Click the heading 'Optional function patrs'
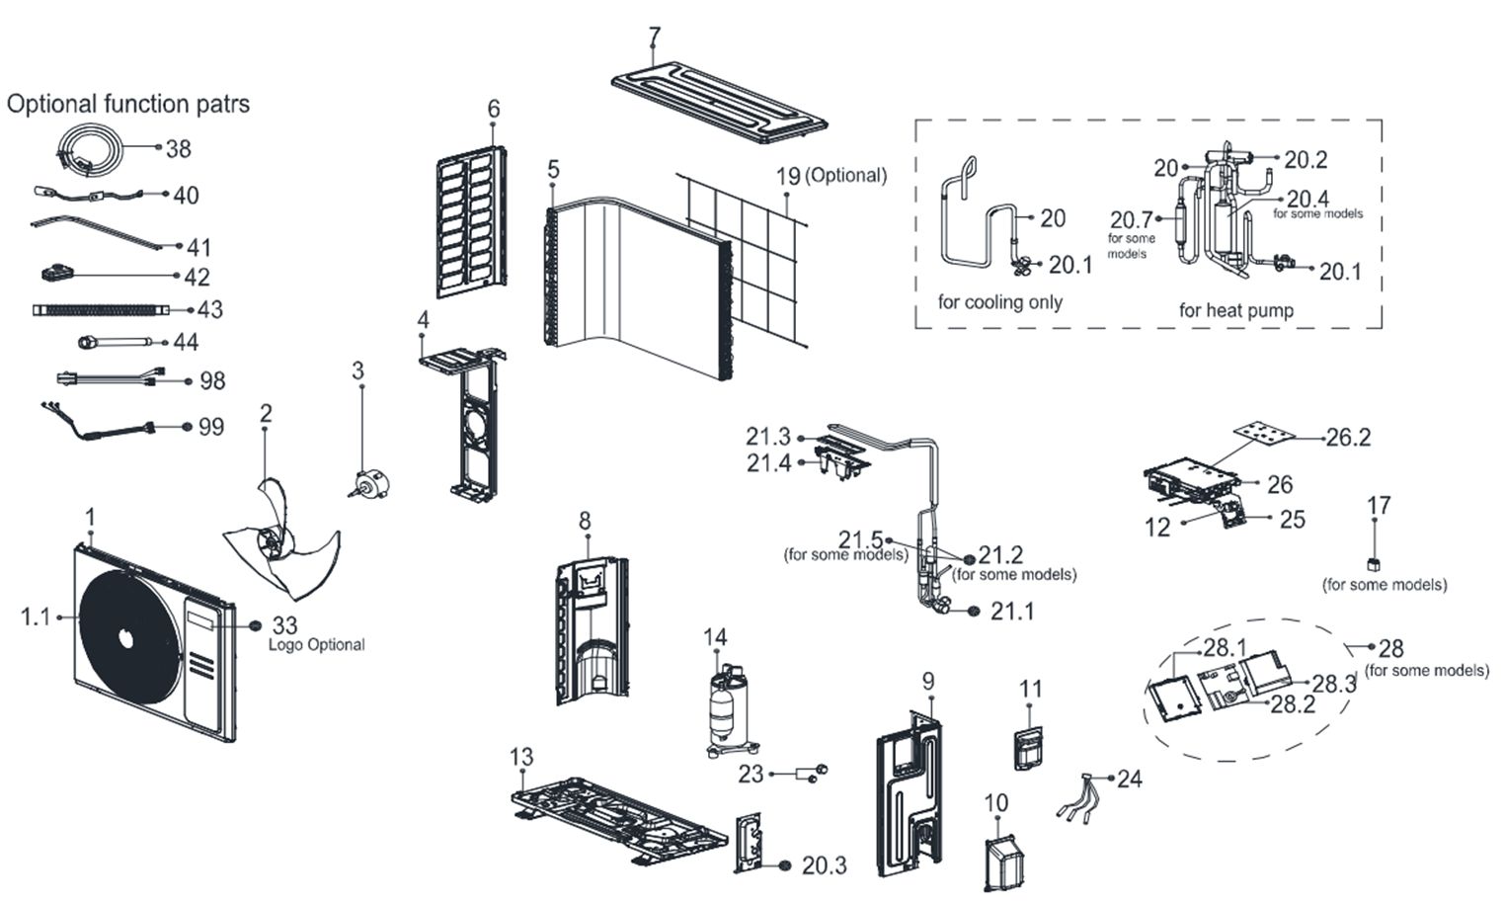tap(128, 104)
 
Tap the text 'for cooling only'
tap(999, 301)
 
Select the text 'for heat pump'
tap(1235, 310)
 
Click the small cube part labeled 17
tap(1373, 564)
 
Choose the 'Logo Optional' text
tap(316, 645)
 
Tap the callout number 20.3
tap(824, 866)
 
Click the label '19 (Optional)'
tap(831, 176)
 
